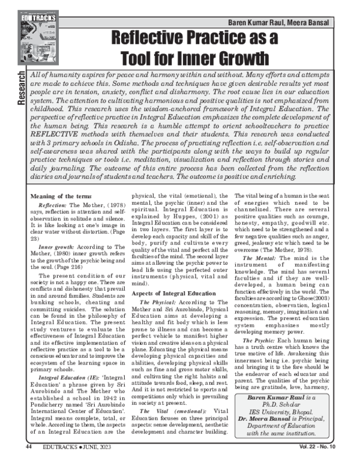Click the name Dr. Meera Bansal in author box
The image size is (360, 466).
(x=265, y=431)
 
